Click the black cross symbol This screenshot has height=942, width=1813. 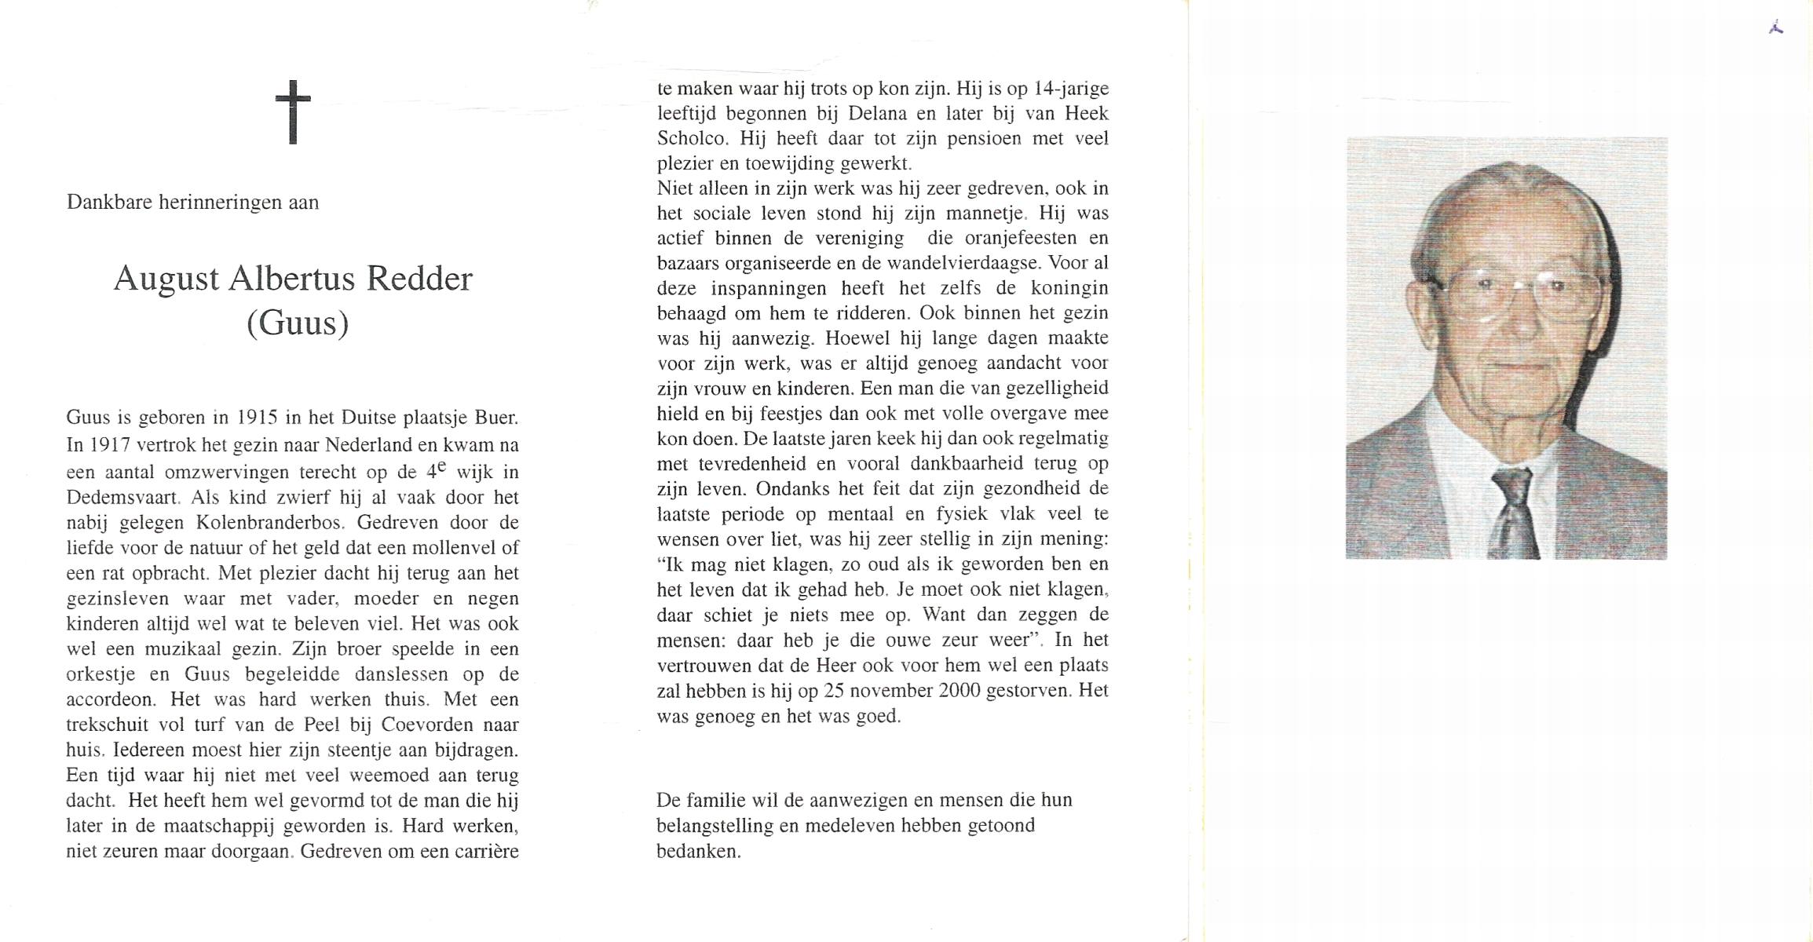click(x=293, y=111)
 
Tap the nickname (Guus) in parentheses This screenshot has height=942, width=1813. click(x=297, y=323)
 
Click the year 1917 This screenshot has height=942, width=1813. click(x=109, y=444)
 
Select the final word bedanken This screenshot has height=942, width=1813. click(x=698, y=851)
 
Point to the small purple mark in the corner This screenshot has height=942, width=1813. click(x=1776, y=27)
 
